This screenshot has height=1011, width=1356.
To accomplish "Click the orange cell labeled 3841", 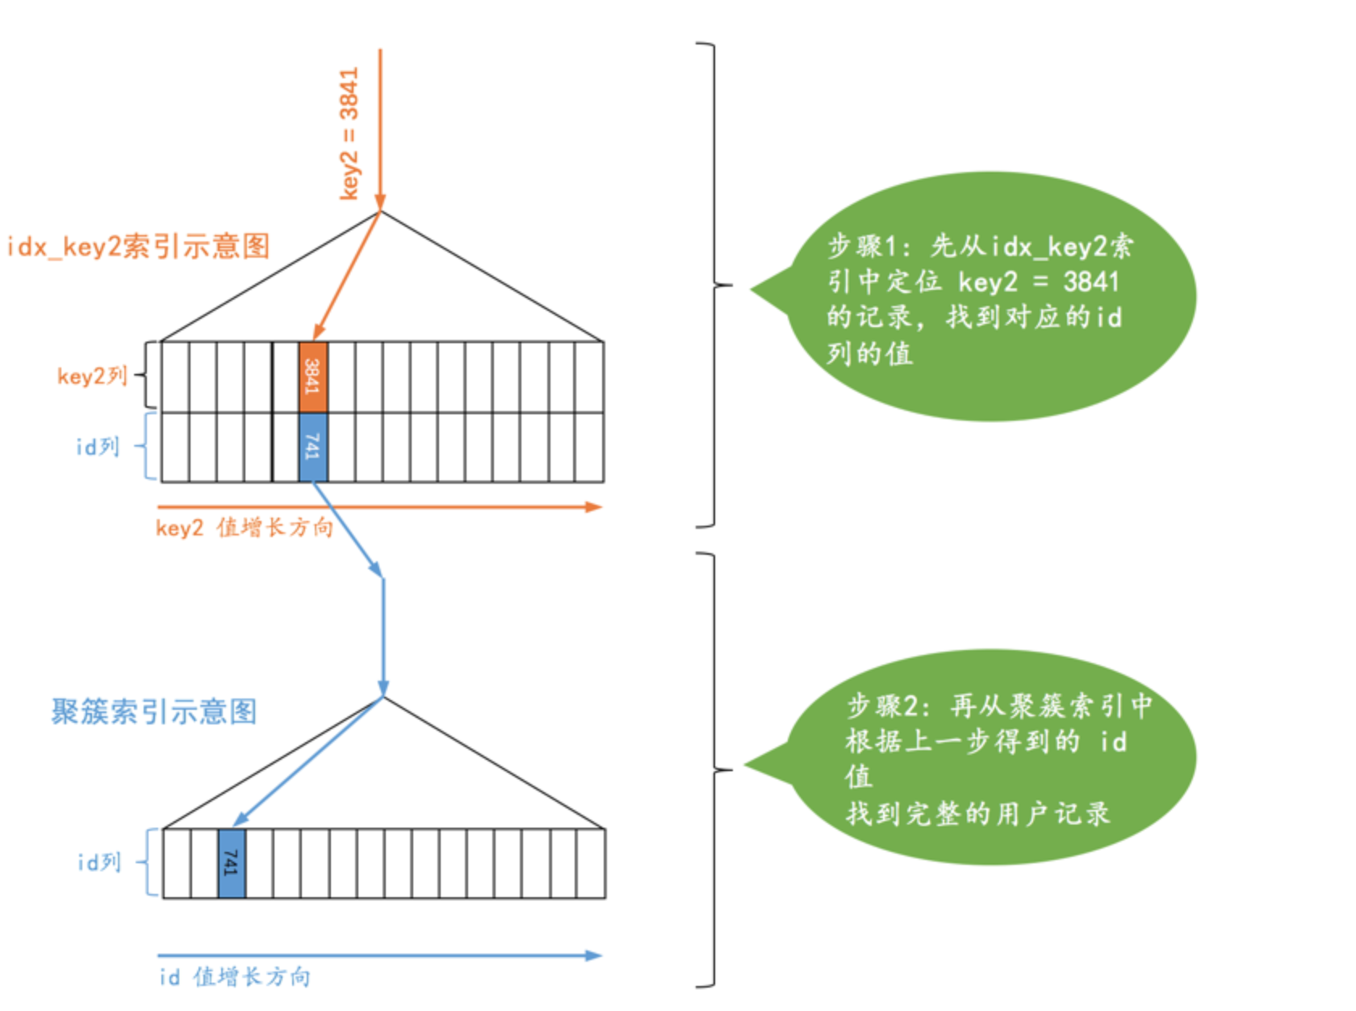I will coord(313,376).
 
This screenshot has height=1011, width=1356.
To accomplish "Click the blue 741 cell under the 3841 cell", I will coord(313,447).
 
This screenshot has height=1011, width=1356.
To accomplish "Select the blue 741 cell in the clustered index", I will coord(232,863).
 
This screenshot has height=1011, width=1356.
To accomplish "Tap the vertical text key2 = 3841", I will coord(349,134).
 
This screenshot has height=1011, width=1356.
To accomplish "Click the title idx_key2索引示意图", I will coord(138,246).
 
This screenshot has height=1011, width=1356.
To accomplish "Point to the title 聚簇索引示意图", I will coord(154,711).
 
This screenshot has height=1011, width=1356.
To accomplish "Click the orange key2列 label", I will coord(92,376).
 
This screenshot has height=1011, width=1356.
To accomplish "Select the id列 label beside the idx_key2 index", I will coord(98,447).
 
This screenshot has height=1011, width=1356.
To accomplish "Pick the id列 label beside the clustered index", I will coord(99,862).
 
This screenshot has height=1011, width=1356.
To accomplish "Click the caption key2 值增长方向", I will coord(244,528).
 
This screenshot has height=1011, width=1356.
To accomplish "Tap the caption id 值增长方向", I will coord(234,977).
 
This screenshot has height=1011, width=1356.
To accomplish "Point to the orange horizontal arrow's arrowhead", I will coord(594,507).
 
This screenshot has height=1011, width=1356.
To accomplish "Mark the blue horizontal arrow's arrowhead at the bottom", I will coord(594,955).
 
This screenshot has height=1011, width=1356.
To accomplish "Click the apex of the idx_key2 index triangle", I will coord(380,213).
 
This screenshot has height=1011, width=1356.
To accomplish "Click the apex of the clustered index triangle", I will coord(383,697).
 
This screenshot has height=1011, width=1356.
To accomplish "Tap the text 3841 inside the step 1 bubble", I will coord(1090,282).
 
